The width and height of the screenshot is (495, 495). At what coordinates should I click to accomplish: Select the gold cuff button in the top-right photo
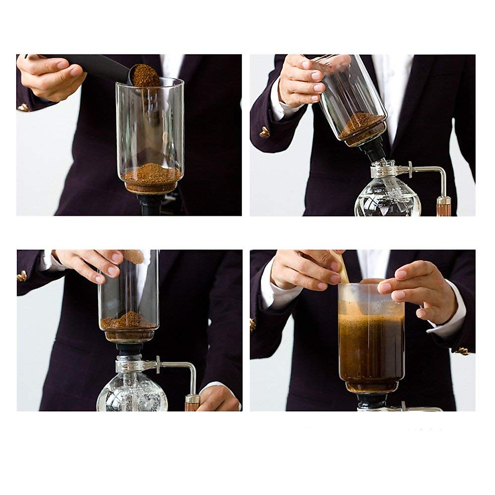[264, 132]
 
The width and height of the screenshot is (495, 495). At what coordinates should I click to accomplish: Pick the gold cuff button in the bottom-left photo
[21, 276]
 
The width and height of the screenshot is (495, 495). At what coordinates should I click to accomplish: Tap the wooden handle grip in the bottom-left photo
[192, 403]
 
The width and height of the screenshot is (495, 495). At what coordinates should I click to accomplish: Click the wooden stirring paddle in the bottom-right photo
[343, 268]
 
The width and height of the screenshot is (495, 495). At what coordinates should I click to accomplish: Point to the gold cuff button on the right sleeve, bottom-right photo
[462, 351]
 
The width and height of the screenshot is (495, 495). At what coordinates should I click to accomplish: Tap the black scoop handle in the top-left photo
[99, 64]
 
